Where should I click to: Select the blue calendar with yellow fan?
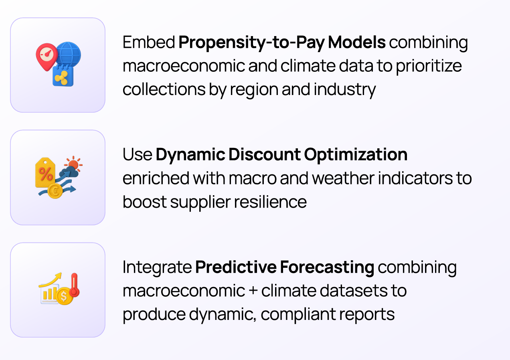click(63, 76)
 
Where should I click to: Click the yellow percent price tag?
click(45, 173)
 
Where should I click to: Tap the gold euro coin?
click(55, 191)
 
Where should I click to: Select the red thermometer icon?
click(75, 285)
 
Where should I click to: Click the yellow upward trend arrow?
click(51, 280)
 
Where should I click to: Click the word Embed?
click(149, 42)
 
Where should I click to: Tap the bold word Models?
click(357, 42)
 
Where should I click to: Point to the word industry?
click(345, 90)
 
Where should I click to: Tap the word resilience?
click(270, 202)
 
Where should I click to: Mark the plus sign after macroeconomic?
click(253, 291)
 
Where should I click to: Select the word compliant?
click(298, 315)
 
